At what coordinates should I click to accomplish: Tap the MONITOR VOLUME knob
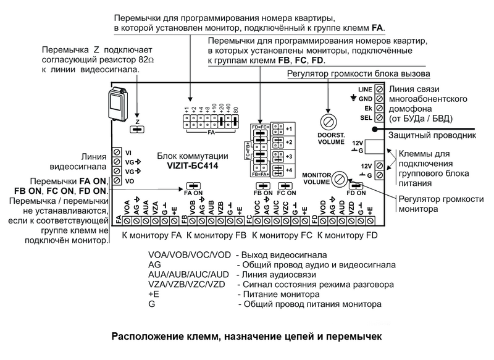tap(338, 180)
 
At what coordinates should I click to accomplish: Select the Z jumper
tap(137, 129)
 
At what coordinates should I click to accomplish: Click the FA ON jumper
tap(193, 185)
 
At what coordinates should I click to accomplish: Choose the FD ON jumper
tap(355, 185)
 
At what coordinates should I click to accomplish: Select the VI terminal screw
tap(115, 152)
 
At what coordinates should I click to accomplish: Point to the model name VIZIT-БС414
tap(193, 165)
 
